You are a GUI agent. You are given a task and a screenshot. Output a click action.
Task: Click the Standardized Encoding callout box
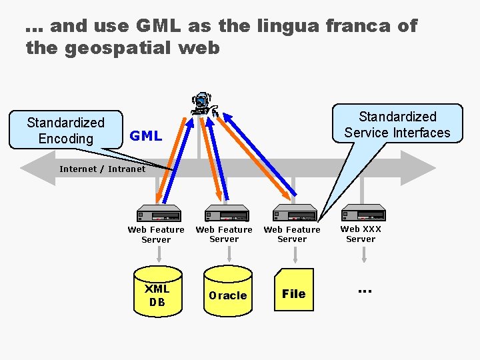pos(65,130)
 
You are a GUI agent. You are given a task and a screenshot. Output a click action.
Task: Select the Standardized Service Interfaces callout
pos(397,125)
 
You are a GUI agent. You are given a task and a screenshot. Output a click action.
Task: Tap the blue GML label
pos(145,136)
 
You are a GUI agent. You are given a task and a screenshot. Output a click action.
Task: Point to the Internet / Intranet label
pos(102,169)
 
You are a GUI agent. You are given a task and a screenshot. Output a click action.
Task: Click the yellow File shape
pos(293,291)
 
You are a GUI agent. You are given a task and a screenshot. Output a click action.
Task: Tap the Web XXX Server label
pos(361,234)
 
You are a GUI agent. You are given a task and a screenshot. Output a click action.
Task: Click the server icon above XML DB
pos(159,214)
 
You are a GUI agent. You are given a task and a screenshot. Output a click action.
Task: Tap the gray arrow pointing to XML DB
pos(159,254)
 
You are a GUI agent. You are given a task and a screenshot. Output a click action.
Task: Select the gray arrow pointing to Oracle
pos(228,253)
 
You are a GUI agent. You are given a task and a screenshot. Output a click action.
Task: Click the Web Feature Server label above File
pos(292,234)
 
